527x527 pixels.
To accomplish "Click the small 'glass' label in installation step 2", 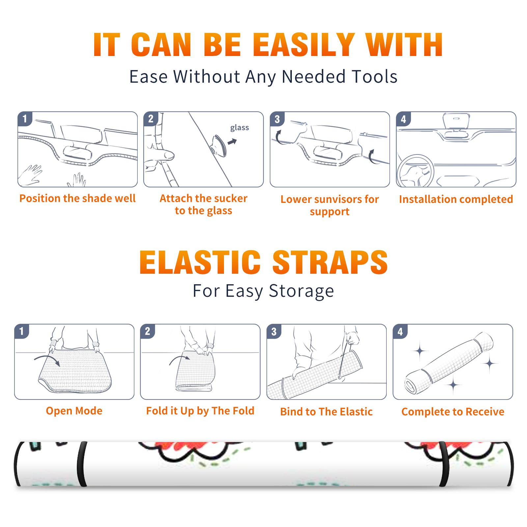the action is pyautogui.click(x=239, y=128).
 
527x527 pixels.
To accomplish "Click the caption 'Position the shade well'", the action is pyautogui.click(x=77, y=198).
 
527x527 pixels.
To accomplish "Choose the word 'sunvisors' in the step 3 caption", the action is pyautogui.click(x=334, y=199).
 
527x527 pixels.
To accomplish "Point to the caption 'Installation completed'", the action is pyautogui.click(x=456, y=199).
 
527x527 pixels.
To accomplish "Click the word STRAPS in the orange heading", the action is pyautogui.click(x=330, y=262).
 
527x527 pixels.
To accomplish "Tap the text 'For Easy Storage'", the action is pyautogui.click(x=263, y=291).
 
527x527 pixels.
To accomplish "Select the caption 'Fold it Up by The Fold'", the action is pyautogui.click(x=200, y=411).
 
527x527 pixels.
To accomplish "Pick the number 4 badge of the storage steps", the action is pyautogui.click(x=400, y=331).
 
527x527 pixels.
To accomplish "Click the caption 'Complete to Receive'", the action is pyautogui.click(x=453, y=412).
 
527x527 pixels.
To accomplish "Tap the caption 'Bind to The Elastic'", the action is pyautogui.click(x=326, y=412).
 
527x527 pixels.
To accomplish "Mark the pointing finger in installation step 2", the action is pyautogui.click(x=160, y=154).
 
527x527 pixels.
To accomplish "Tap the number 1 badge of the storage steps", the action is pyautogui.click(x=22, y=331).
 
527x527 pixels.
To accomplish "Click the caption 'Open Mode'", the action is pyautogui.click(x=74, y=411).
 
